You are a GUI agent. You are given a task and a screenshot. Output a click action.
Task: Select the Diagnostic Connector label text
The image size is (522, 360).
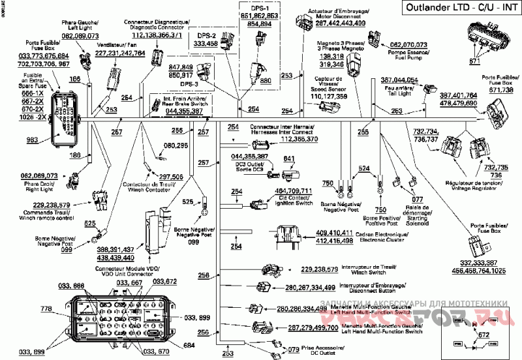(161, 26)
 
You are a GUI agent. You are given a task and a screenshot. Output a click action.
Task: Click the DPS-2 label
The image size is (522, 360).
(207, 37)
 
